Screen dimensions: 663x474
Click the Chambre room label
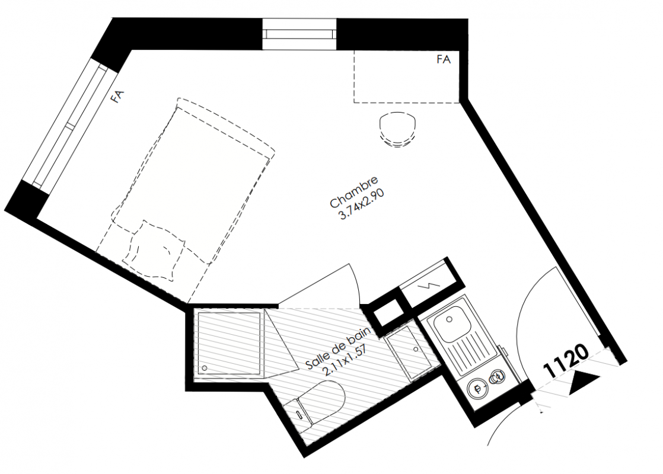tap(353, 192)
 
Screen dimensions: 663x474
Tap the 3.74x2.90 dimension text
tap(362, 204)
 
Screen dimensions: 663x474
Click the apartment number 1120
tap(565, 361)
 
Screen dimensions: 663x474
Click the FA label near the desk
tap(444, 60)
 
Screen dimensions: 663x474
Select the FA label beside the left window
tap(117, 97)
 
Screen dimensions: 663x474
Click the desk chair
tap(397, 129)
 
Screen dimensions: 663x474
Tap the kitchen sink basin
tap(450, 325)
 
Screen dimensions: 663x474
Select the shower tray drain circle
tap(205, 369)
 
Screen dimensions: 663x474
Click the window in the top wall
tap(299, 34)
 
